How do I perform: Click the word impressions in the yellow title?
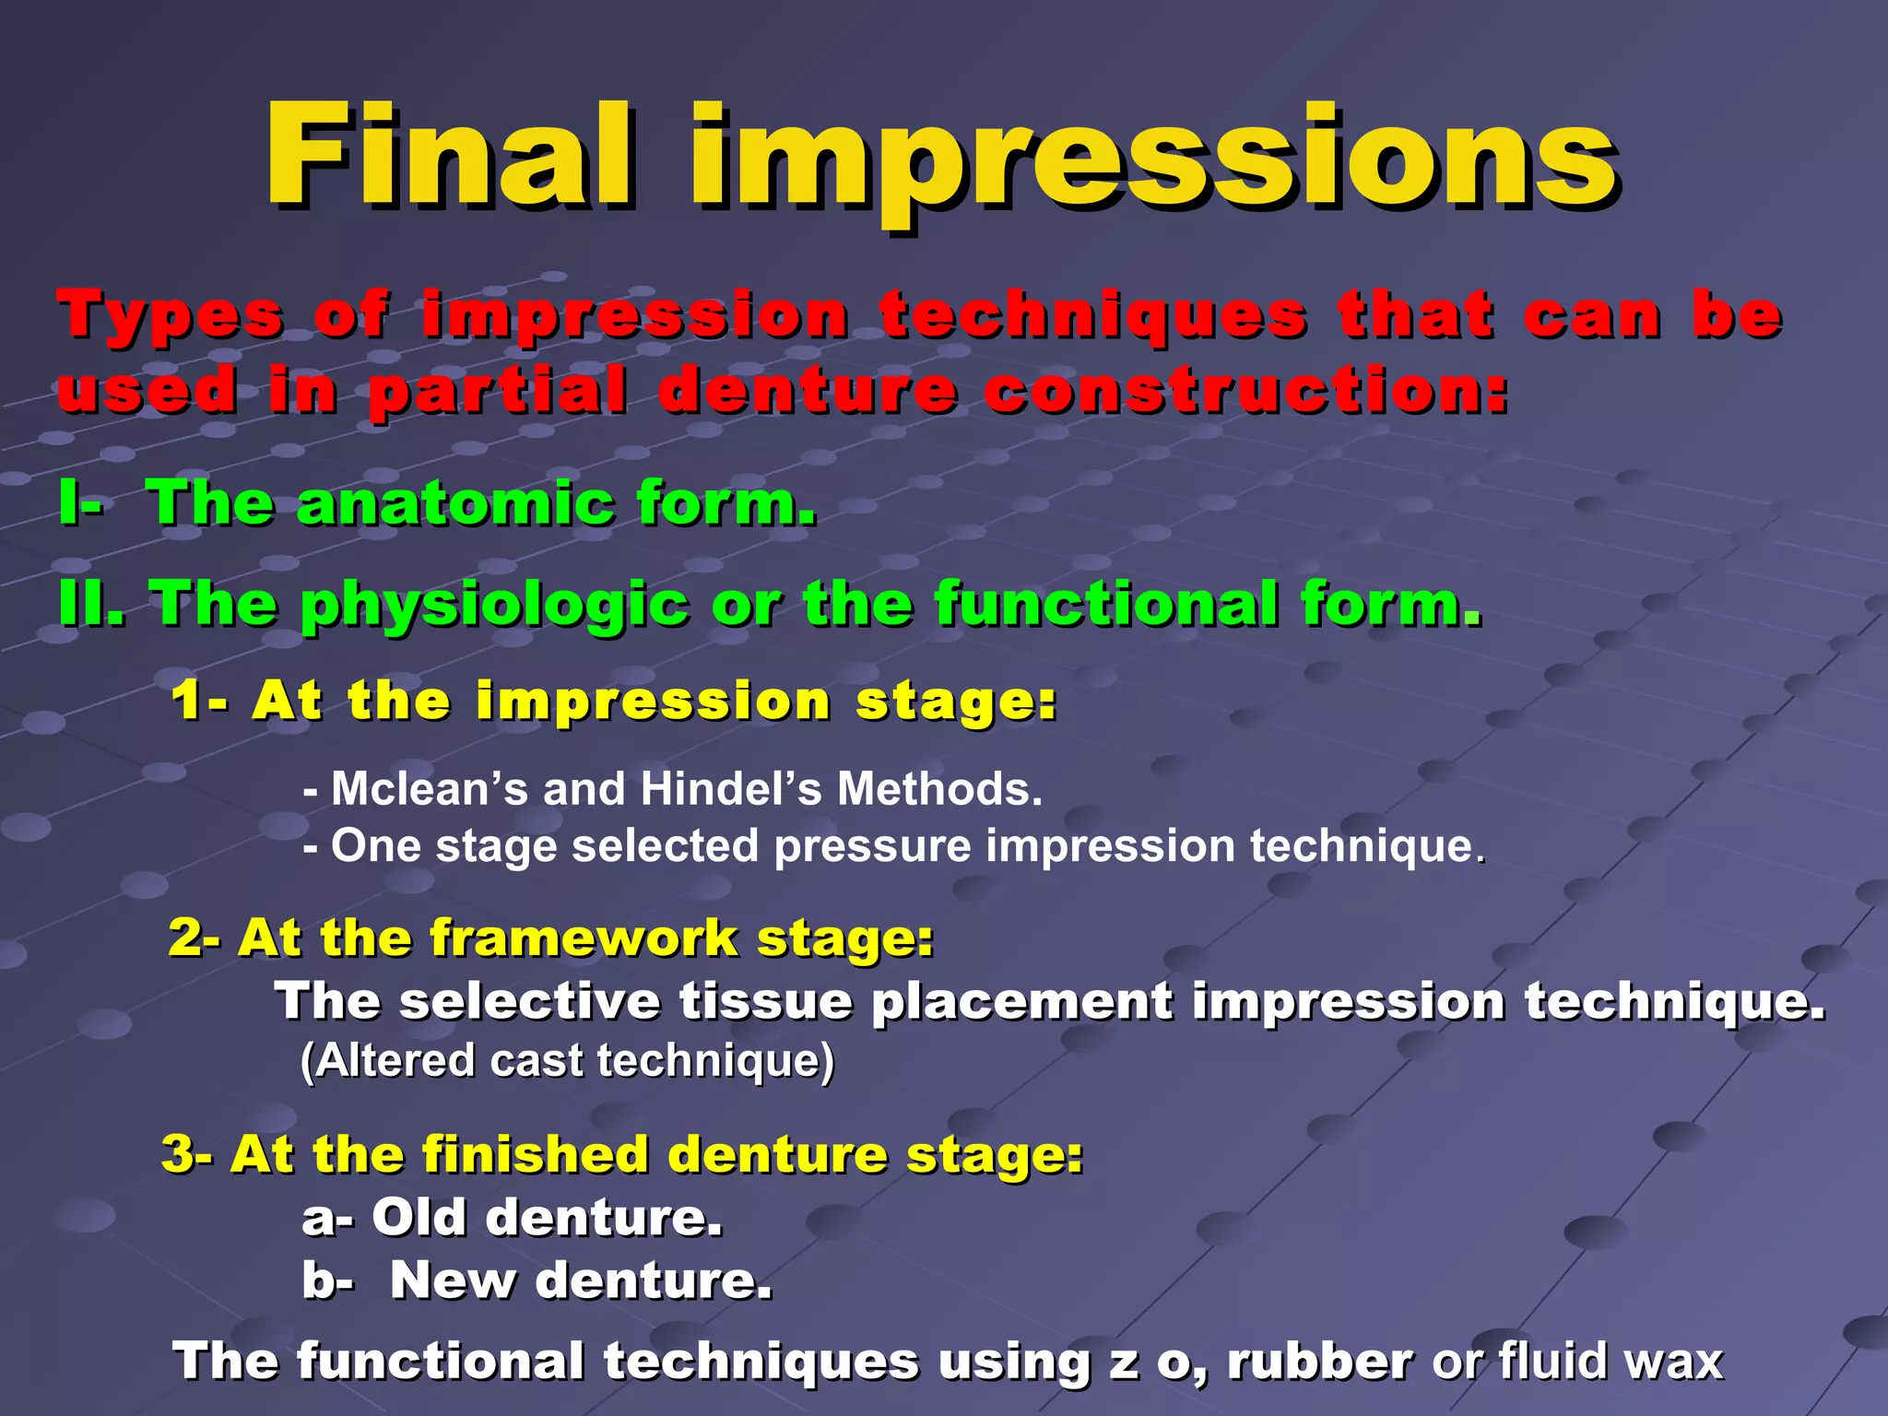[x=1152, y=161]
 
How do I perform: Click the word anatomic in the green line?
[x=455, y=504]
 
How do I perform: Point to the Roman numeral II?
[x=91, y=604]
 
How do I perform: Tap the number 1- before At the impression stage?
[x=198, y=701]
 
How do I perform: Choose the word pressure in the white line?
[x=872, y=846]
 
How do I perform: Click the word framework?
[x=584, y=938]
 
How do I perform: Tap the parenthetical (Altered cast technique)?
[x=567, y=1061]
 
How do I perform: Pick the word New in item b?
[x=451, y=1280]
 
